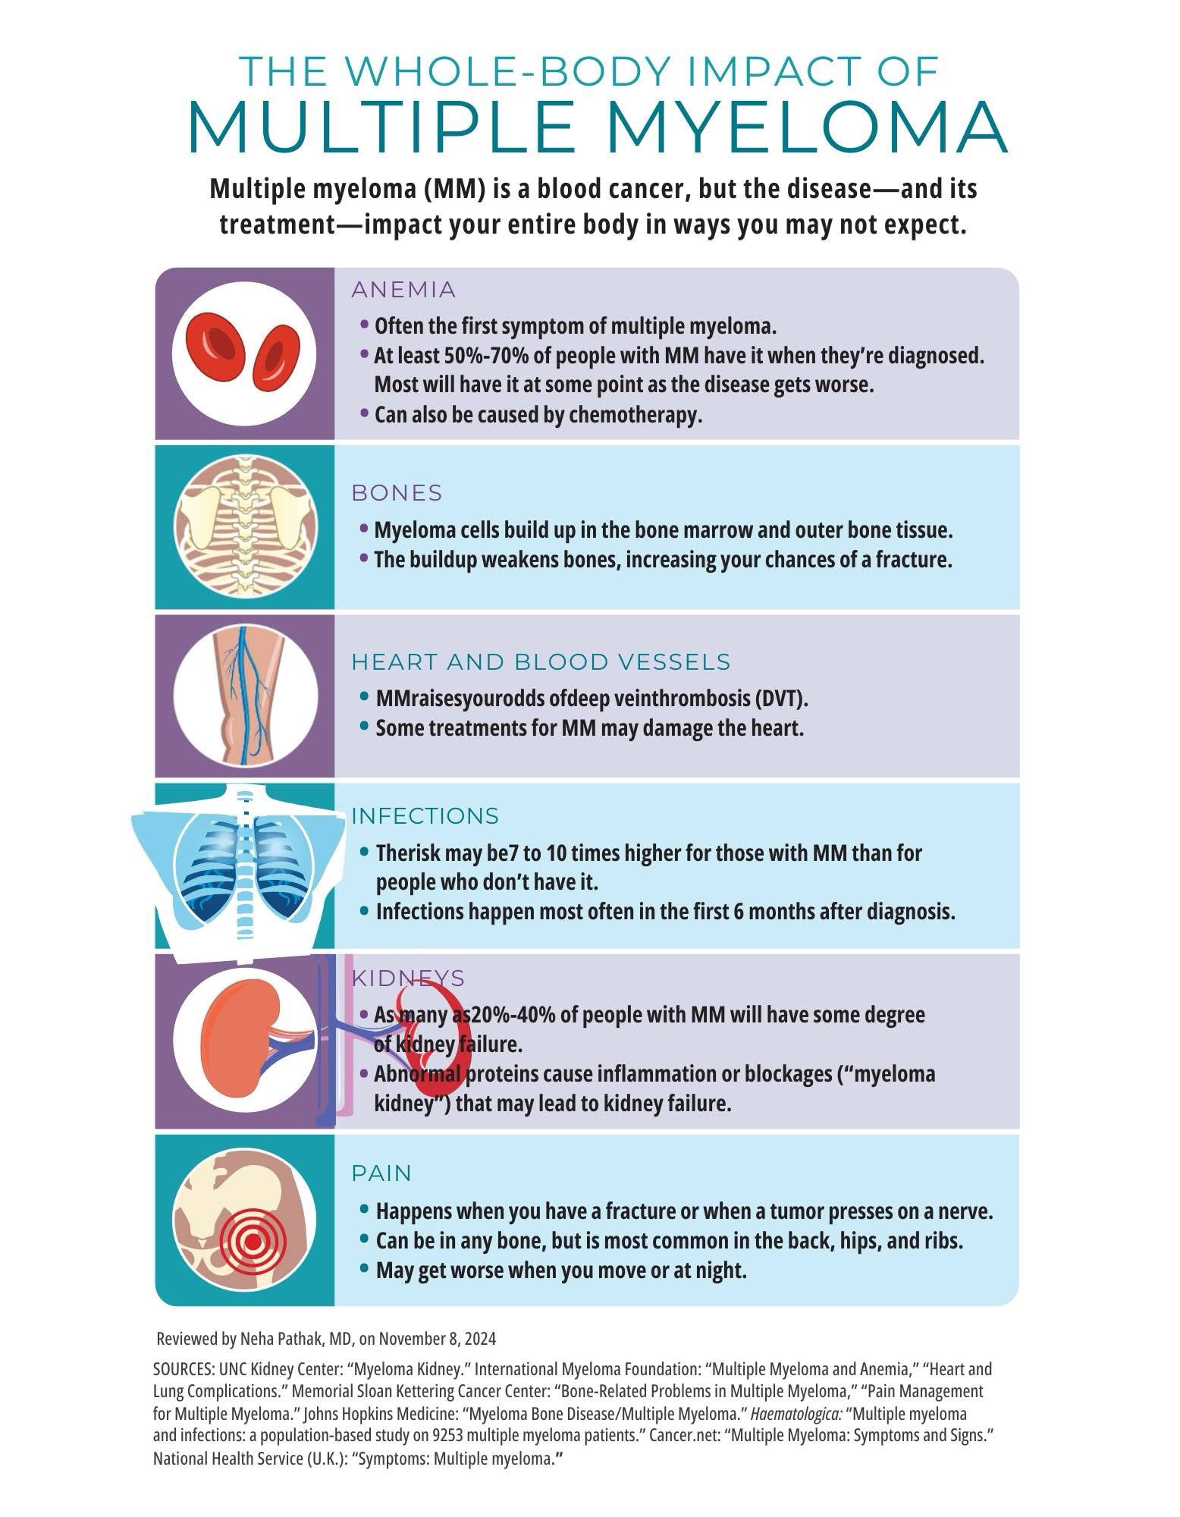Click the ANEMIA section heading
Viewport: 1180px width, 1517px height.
coord(403,290)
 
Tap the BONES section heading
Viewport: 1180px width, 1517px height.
coord(397,493)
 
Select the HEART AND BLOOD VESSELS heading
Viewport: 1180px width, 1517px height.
coord(541,662)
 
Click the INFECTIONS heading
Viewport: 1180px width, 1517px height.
coord(425,816)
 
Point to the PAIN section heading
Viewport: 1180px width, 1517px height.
coord(381,1173)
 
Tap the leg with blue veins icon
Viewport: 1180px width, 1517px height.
coord(244,696)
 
